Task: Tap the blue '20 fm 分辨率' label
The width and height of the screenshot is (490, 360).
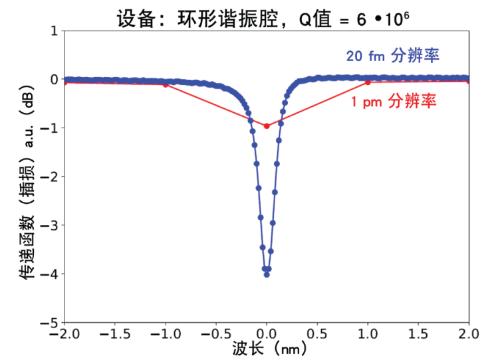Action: click(x=392, y=55)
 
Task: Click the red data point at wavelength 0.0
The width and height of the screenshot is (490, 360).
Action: click(x=267, y=126)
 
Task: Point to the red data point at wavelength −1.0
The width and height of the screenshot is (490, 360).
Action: click(x=166, y=84)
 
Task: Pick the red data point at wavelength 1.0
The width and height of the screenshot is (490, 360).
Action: click(x=368, y=82)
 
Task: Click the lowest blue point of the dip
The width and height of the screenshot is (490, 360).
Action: click(x=267, y=274)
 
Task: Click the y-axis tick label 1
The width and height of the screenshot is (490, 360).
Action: click(x=54, y=31)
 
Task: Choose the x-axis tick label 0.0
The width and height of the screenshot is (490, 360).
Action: click(x=267, y=334)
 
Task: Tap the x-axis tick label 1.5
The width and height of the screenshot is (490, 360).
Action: click(x=419, y=334)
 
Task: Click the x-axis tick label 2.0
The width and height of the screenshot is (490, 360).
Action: click(x=468, y=334)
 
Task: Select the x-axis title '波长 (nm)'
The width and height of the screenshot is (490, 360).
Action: click(x=267, y=349)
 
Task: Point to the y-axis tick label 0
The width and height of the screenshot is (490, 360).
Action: click(x=54, y=79)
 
